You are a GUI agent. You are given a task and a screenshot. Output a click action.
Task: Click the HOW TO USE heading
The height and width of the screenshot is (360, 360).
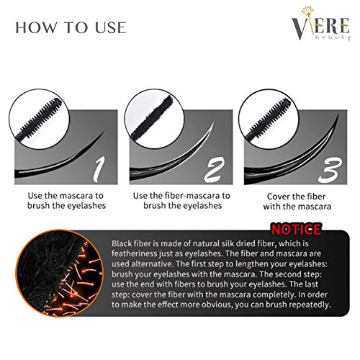click(x=71, y=27)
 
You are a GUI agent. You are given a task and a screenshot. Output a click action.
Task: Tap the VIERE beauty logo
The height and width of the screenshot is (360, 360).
click(x=321, y=24)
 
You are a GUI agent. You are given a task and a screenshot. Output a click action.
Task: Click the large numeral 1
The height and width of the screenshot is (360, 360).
click(x=99, y=169)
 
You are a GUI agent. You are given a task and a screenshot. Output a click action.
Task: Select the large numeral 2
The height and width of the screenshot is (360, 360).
click(x=215, y=170)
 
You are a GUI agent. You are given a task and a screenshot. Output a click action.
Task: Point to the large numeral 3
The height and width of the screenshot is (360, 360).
click(x=330, y=170)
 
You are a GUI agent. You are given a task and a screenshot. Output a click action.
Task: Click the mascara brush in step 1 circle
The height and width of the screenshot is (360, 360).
click(x=39, y=119)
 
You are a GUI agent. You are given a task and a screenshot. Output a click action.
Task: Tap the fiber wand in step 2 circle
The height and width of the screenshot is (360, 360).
click(x=152, y=117)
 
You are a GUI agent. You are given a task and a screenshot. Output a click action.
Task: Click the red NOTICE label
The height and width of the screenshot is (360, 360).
click(x=296, y=229)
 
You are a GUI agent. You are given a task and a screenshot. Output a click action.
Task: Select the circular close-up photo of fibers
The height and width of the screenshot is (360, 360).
click(x=59, y=273)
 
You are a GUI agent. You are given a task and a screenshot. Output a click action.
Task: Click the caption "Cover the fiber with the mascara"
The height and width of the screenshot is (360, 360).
click(x=297, y=202)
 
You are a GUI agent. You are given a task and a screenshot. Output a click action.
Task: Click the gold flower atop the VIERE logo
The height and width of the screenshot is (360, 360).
click(x=308, y=10)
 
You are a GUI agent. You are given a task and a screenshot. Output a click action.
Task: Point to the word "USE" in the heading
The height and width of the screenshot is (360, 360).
click(x=111, y=27)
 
